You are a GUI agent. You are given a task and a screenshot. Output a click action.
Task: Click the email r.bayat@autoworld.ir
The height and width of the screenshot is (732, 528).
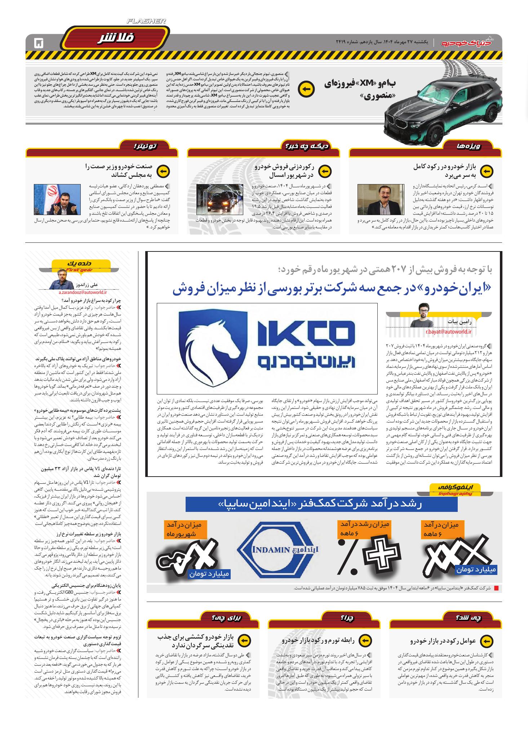click(x=445, y=332)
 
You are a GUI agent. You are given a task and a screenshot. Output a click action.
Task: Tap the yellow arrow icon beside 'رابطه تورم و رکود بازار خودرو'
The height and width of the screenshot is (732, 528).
click(x=365, y=640)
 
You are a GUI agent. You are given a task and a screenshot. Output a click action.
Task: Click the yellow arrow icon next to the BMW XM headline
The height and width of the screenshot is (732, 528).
click(x=307, y=89)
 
